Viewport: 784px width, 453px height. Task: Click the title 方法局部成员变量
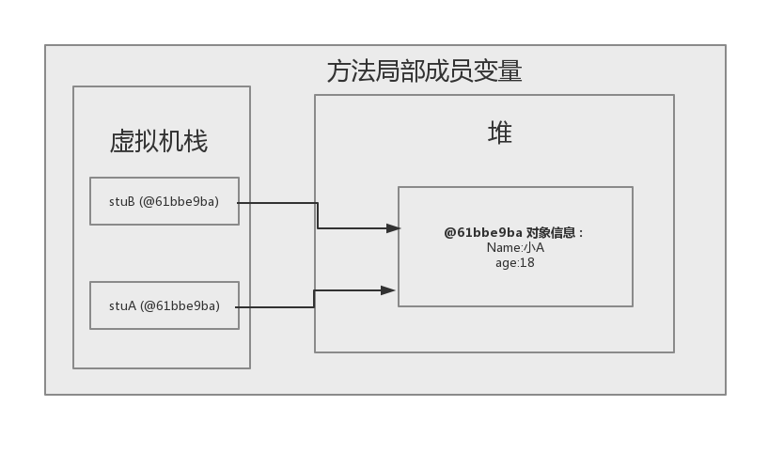coord(424,71)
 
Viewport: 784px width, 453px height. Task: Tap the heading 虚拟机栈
coord(159,142)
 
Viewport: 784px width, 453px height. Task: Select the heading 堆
coord(500,133)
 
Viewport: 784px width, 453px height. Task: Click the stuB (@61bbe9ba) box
coord(165,201)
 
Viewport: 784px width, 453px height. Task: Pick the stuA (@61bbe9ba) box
coord(165,305)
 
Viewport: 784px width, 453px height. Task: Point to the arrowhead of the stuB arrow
coord(394,227)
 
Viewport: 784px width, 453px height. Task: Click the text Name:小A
coord(515,247)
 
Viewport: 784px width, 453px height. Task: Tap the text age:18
coord(515,262)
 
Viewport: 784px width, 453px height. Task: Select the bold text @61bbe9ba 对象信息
coord(513,232)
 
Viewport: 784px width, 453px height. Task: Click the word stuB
coord(122,201)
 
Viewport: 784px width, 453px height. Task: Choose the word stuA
coord(122,305)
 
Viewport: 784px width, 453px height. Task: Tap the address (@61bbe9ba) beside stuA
coord(180,305)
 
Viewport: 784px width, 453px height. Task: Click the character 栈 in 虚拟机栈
coord(196,142)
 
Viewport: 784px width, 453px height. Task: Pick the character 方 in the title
coord(338,71)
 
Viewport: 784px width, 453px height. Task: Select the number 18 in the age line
coord(526,262)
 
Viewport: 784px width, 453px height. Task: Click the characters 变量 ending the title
coord(497,71)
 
